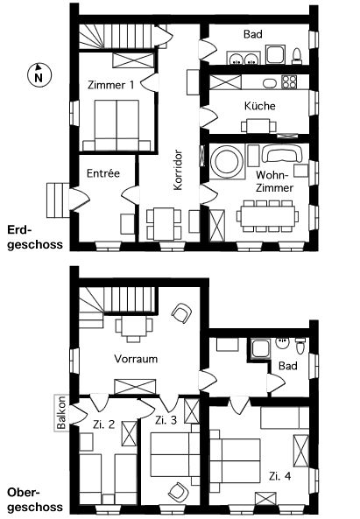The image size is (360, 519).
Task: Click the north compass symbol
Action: [x=39, y=74]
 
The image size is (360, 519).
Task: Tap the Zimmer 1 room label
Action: [x=111, y=85]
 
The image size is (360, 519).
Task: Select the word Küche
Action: [x=260, y=106]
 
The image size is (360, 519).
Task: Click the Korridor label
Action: [x=178, y=170]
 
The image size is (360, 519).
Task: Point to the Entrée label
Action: [x=103, y=173]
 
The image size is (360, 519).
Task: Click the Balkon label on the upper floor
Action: [x=61, y=413]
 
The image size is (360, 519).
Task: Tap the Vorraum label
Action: [x=136, y=359]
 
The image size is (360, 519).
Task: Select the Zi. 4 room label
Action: [x=279, y=476]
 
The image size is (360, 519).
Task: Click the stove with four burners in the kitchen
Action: [x=289, y=81]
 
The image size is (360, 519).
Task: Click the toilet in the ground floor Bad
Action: [x=297, y=56]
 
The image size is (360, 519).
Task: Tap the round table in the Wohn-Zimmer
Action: [x=227, y=162]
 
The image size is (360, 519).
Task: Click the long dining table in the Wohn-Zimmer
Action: [x=268, y=216]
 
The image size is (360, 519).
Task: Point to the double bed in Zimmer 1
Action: [x=116, y=125]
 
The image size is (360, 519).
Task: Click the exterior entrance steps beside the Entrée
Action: [x=58, y=200]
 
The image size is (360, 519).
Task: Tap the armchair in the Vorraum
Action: [x=181, y=313]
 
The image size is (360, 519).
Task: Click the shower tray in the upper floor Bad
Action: [x=260, y=348]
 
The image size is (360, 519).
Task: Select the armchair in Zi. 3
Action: [x=179, y=492]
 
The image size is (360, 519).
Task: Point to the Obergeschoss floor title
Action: [x=35, y=500]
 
